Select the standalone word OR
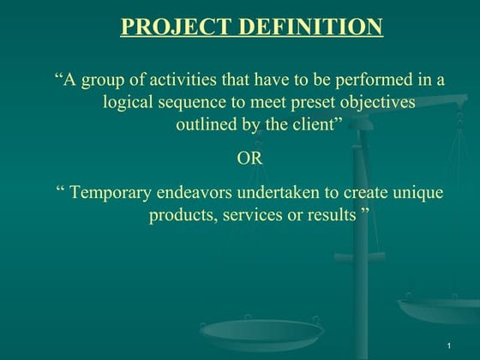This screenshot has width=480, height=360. coord(249,159)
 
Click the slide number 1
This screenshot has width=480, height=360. coord(449,345)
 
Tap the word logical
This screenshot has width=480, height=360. coord(129,102)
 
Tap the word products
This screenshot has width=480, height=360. coord(183,214)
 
